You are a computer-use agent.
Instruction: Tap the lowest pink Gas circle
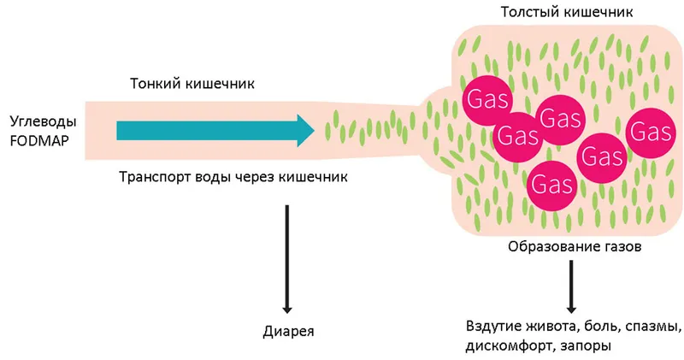click(551, 184)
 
